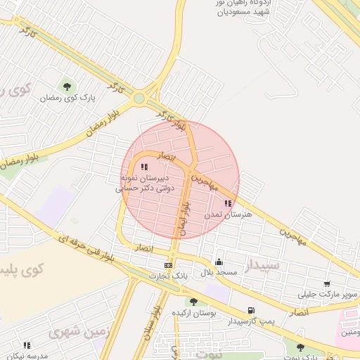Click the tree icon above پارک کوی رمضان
(x=67, y=86)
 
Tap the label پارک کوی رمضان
(x=67, y=98)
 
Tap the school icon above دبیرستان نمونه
(x=144, y=167)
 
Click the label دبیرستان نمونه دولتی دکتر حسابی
(x=145, y=184)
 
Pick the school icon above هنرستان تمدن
(x=227, y=203)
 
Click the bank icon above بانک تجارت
(x=167, y=264)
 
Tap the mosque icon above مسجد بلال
(x=219, y=262)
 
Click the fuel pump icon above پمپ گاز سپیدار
(x=251, y=310)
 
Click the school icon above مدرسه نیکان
(x=27, y=345)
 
